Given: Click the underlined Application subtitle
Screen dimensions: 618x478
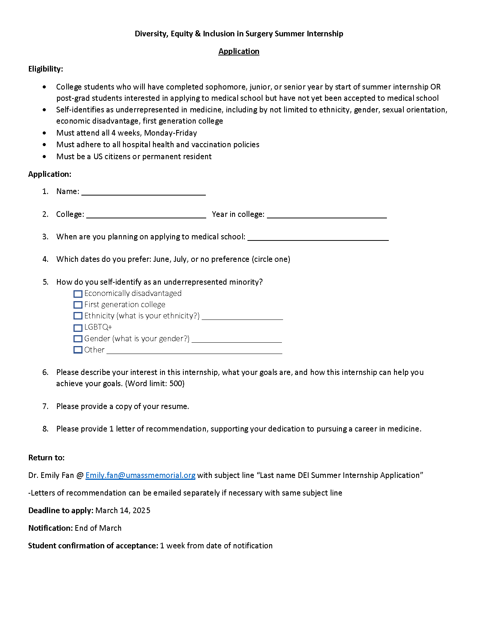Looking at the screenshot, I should [239, 51].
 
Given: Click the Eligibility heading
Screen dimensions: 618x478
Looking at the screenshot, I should [45, 69].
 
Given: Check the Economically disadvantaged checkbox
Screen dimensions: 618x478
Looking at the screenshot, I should [78, 294].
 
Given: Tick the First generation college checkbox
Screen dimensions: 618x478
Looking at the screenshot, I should [78, 305].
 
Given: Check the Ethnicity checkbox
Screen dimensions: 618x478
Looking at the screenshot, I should [78, 316].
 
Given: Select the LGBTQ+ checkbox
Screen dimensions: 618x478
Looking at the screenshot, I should [78, 328].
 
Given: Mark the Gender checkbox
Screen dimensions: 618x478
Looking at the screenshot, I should [78, 339].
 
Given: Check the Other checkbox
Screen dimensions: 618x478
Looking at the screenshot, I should [78, 350].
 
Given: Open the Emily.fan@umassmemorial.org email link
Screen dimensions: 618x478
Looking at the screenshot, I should [140, 475].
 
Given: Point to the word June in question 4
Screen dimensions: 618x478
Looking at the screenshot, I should [161, 259].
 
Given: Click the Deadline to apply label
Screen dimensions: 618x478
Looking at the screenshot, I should [61, 511].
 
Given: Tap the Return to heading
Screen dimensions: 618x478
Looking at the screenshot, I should [46, 458].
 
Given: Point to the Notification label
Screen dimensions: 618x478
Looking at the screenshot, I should [50, 528].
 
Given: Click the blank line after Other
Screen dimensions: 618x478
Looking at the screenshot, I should [194, 351].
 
